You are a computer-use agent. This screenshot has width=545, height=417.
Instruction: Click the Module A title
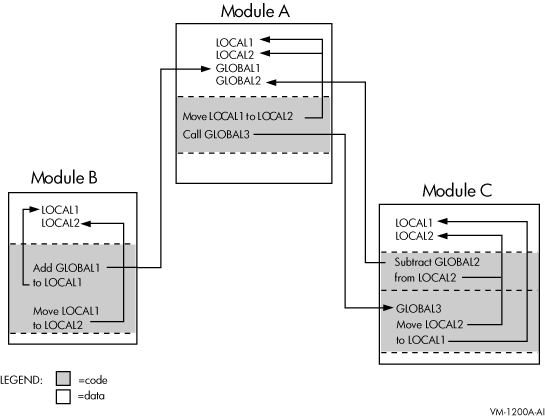pos(255,11)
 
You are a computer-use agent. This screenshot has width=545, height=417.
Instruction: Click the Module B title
pos(64,177)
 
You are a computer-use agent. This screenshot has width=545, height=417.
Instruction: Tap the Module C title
pos(457,190)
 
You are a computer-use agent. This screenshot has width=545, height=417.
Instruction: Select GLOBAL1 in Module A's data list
pos(238,68)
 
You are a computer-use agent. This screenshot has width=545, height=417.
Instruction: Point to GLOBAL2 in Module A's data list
pos(238,81)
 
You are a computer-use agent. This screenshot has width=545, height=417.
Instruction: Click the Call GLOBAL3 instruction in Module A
pos(216,134)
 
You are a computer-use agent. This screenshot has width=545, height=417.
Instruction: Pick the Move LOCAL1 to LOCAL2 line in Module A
pos(238,116)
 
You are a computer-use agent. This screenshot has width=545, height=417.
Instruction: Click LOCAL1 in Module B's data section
pos(60,210)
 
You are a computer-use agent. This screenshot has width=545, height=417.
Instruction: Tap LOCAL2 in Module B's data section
pos(60,223)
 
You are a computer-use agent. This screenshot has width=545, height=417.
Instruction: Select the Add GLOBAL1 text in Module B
pos(66,268)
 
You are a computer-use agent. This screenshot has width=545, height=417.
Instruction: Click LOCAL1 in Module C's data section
pos(414,223)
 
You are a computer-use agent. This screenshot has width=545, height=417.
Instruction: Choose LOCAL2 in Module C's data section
pos(414,236)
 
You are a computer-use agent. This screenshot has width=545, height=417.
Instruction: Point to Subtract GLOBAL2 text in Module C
pos(437,262)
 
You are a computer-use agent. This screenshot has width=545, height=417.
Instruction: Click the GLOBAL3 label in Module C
pos(418,309)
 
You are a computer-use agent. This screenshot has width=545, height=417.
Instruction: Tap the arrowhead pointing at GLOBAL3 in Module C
pos(388,308)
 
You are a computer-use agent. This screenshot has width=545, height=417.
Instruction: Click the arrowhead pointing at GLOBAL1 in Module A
pos(205,69)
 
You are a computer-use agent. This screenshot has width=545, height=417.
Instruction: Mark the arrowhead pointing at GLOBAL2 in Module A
pos(271,82)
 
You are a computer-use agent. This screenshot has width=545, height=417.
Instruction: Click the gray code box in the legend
pos(63,379)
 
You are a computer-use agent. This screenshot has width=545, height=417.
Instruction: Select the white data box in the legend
pos(63,396)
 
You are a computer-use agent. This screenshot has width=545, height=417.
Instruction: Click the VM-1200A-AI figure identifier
pos(517,412)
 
